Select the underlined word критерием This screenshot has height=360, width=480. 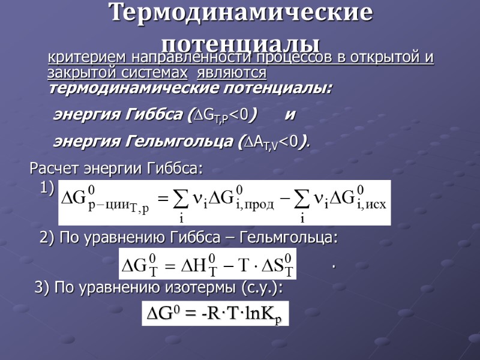[79, 58]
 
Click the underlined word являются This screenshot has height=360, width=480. [232, 73]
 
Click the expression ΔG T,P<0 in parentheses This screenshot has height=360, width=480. [221, 114]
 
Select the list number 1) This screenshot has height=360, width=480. [47, 188]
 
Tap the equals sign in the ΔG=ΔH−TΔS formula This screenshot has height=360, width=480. [169, 265]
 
